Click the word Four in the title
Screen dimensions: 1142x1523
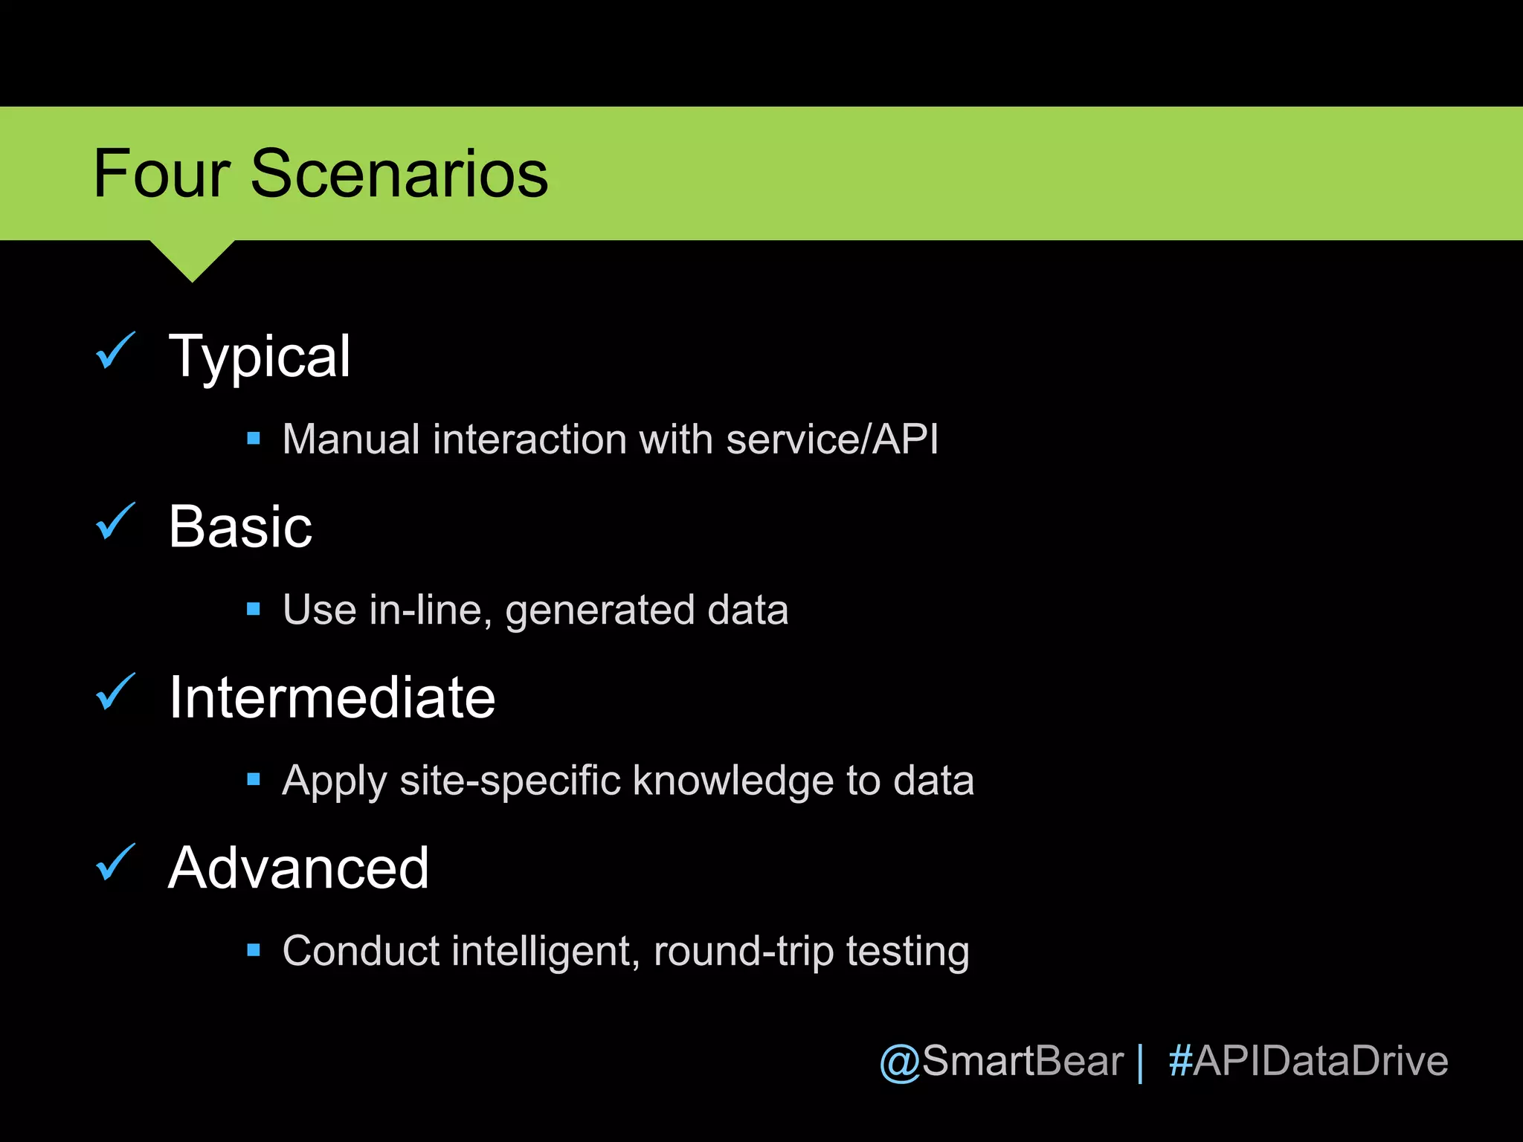161,174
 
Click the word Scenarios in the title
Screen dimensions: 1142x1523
399,174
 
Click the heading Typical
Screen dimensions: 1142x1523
260,357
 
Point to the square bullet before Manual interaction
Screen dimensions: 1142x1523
254,439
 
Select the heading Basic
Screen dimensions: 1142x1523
240,526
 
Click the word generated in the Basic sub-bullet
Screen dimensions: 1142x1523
599,610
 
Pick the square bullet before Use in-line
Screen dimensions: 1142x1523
254,609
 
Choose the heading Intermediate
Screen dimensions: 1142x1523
332,697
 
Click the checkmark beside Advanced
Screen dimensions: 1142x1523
115,862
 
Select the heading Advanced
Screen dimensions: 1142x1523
298,868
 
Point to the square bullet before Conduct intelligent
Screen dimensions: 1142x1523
254,950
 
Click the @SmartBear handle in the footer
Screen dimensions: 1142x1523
1001,1061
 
